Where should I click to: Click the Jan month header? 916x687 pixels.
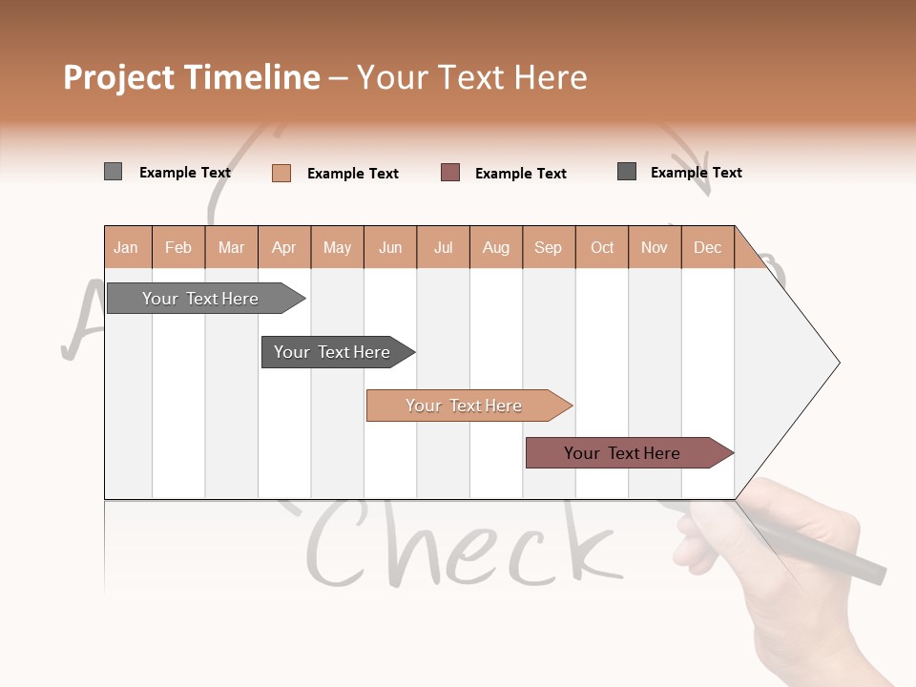[126, 248]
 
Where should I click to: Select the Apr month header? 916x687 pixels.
[283, 248]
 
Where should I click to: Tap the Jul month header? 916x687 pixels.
[443, 248]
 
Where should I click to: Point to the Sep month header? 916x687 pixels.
[548, 248]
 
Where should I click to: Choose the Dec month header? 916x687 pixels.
[707, 248]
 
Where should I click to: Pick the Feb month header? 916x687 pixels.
[178, 248]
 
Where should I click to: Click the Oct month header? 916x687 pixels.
[602, 248]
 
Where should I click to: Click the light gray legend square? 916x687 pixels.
[113, 172]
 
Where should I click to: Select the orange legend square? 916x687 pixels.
[281, 173]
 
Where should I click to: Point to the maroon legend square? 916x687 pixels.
[450, 173]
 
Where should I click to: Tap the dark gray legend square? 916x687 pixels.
[627, 172]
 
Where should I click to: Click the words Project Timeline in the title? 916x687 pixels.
[192, 77]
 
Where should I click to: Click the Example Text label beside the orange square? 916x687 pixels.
[353, 174]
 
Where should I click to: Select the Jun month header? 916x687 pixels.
[390, 248]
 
